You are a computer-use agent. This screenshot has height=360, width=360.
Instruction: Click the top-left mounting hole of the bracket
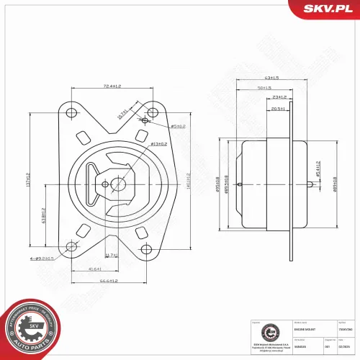(x=70, y=113)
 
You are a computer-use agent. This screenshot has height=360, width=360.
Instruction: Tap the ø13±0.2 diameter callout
(x=160, y=145)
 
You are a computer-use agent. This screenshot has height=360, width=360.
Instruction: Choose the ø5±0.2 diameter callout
(x=176, y=126)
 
